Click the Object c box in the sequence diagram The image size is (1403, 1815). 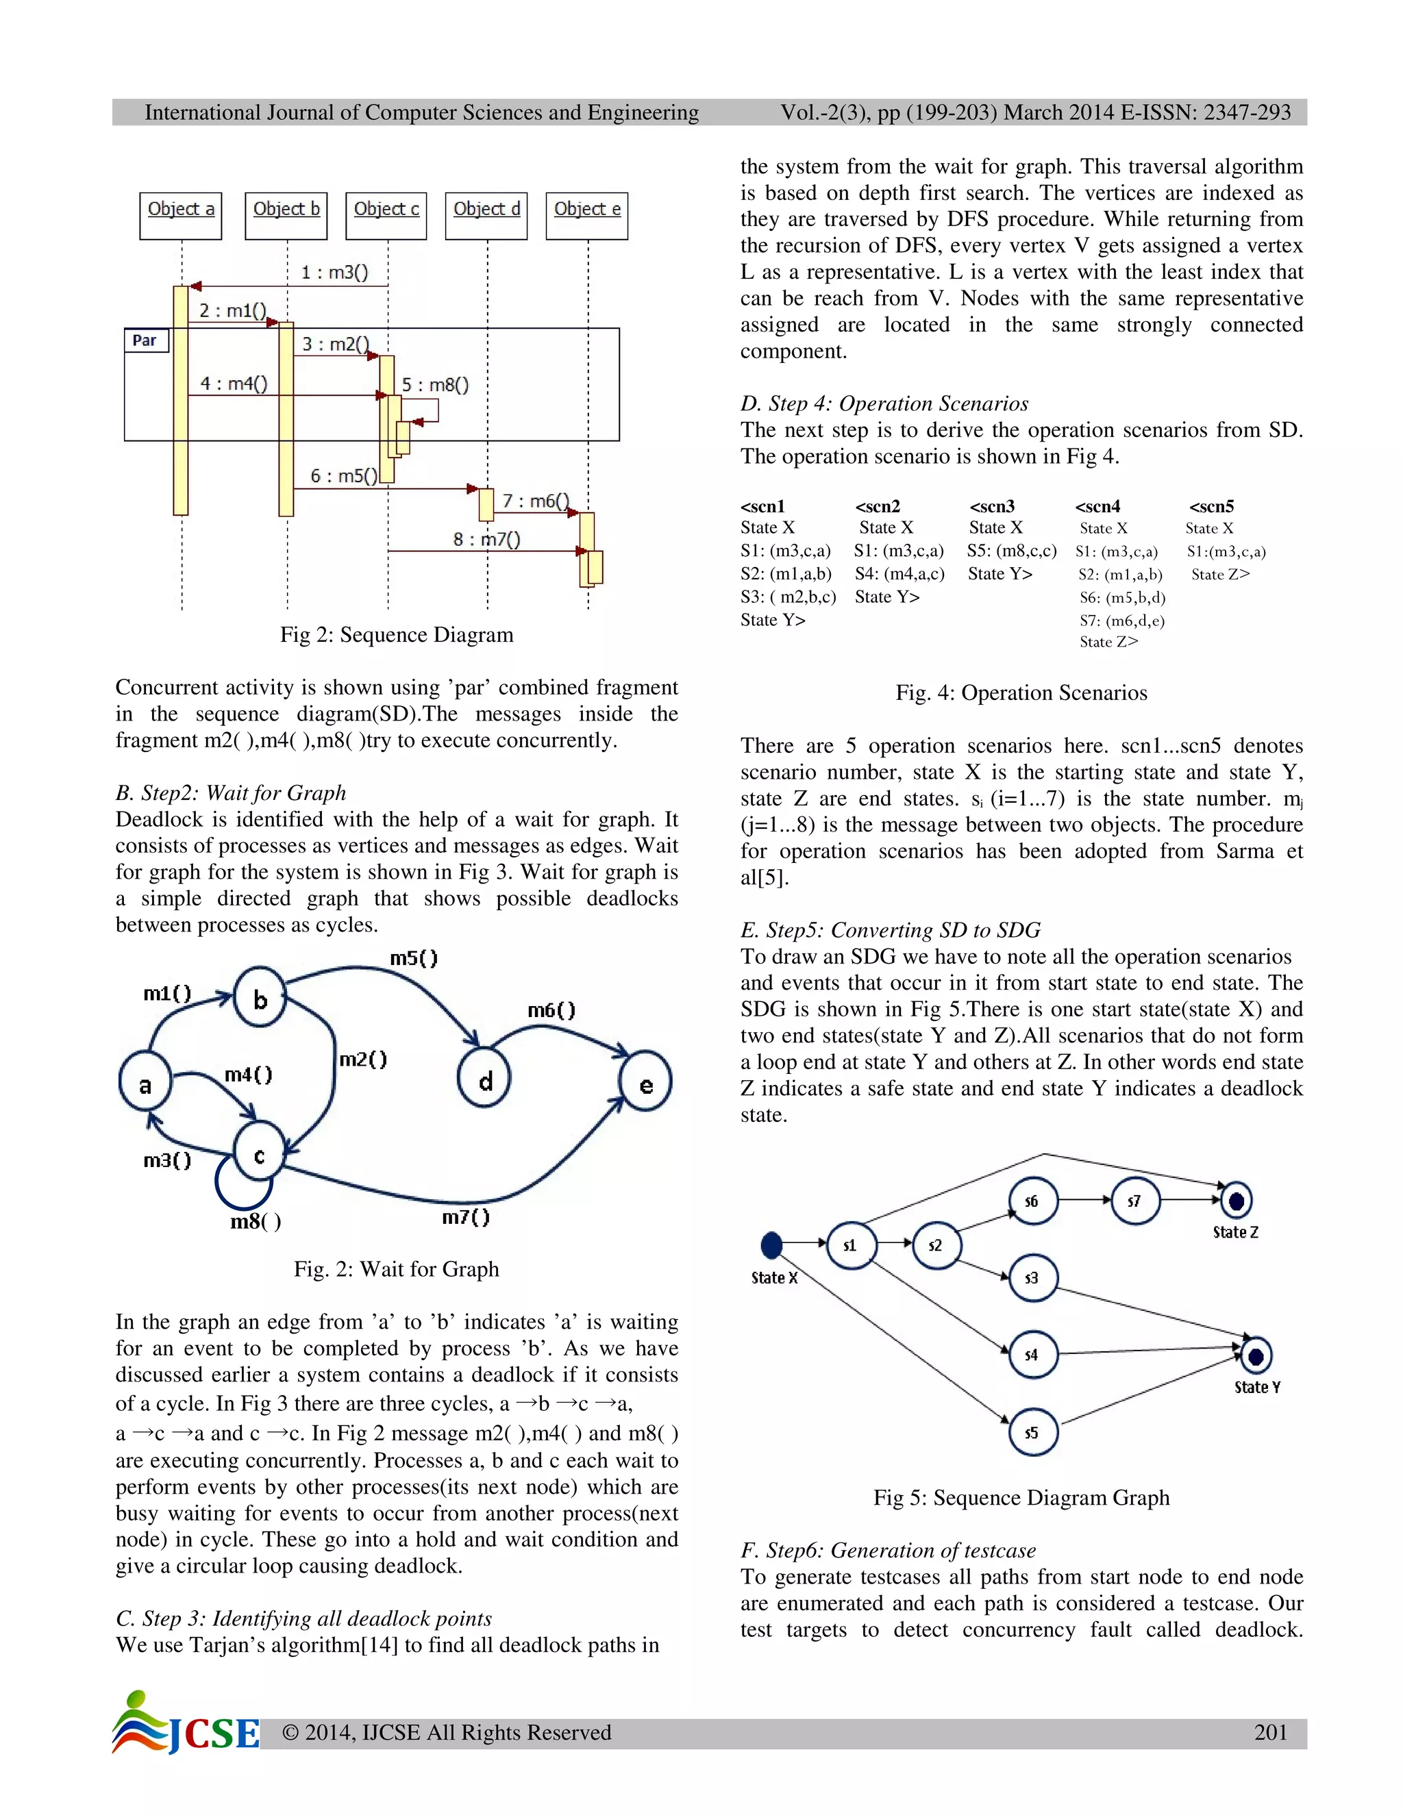[386, 216]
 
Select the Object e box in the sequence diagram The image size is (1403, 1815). [587, 216]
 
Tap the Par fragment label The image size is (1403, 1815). [145, 340]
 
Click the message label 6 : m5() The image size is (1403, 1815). [343, 475]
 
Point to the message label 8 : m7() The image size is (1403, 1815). [486, 539]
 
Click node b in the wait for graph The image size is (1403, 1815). [260, 998]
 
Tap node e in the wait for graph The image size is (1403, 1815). [646, 1084]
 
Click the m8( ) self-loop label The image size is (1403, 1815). [255, 1221]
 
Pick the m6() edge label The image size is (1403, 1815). [551, 1010]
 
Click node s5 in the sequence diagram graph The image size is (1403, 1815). [1032, 1432]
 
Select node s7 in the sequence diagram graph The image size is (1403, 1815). [1134, 1201]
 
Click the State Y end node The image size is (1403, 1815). [1256, 1356]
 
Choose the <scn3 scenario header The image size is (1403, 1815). [991, 506]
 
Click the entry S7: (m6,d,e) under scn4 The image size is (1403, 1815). [1121, 620]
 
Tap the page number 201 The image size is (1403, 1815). [1270, 1732]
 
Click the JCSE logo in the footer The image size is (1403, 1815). [187, 1724]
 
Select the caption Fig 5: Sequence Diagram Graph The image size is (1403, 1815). [1021, 1497]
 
